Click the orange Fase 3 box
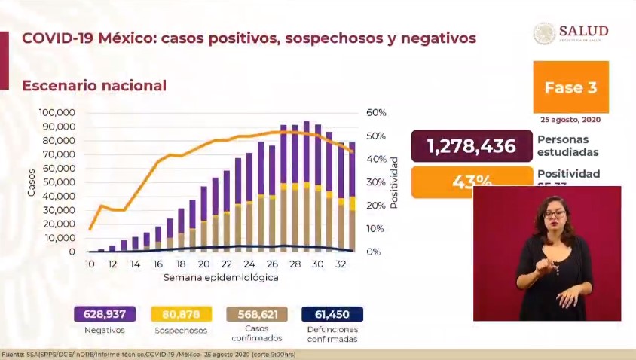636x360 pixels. (x=570, y=87)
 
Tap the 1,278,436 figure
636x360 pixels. (x=471, y=146)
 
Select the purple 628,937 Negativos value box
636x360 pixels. (x=105, y=313)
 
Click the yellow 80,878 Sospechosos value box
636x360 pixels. (x=181, y=313)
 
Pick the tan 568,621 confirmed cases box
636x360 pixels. (x=256, y=313)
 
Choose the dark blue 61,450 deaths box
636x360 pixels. (x=332, y=313)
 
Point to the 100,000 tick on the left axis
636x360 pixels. (x=57, y=112)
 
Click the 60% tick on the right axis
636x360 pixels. (x=377, y=112)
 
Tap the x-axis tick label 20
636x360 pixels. (x=203, y=264)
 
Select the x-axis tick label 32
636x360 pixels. (x=341, y=264)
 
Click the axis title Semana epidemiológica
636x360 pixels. (x=221, y=277)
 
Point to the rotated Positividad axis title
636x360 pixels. (x=394, y=182)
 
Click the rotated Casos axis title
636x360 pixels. (x=31, y=182)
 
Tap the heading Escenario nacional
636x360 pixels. (x=94, y=86)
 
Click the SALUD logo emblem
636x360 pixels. (x=544, y=33)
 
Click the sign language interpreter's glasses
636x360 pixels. (x=554, y=215)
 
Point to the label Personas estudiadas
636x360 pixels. (x=564, y=146)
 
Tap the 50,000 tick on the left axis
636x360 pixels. (x=59, y=182)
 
